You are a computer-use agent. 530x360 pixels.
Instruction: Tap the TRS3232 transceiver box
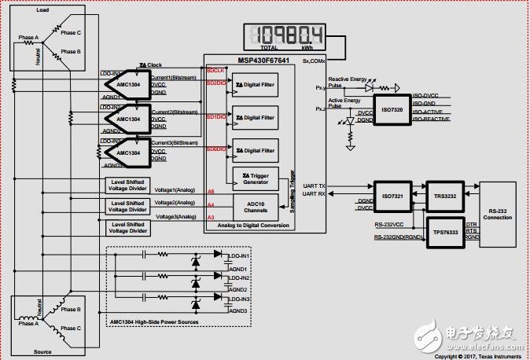tap(444, 194)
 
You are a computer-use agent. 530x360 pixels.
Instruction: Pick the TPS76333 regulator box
tap(444, 233)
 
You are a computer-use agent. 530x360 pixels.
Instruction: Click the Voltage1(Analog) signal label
tap(175, 189)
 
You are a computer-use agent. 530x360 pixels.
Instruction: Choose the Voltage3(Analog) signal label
tap(175, 216)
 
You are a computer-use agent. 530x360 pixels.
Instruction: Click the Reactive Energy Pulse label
tap(348, 81)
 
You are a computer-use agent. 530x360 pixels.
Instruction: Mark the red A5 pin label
tap(210, 192)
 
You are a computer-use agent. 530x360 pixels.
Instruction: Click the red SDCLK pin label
tap(215, 70)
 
